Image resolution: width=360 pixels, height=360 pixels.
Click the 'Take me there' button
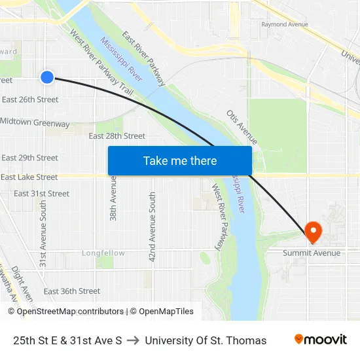click(x=179, y=160)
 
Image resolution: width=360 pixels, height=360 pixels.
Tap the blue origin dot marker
click(x=47, y=77)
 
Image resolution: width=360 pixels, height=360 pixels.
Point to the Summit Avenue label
click(x=312, y=253)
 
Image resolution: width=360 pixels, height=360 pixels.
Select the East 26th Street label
click(x=30, y=99)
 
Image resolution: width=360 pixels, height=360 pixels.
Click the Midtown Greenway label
click(x=35, y=122)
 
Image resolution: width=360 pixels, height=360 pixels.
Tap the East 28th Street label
click(x=117, y=136)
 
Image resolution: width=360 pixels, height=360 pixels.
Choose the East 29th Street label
click(x=29, y=158)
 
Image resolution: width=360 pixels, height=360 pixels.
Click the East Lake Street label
click(x=29, y=177)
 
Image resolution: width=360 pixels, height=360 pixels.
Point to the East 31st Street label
click(x=41, y=194)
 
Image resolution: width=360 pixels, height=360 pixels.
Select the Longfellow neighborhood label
click(x=103, y=253)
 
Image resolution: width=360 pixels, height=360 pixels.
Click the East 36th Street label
click(x=72, y=291)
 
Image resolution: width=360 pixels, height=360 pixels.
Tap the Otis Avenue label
click(x=242, y=127)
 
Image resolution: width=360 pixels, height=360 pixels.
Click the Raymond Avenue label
click(x=284, y=24)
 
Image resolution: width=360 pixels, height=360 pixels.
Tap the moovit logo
click(x=321, y=340)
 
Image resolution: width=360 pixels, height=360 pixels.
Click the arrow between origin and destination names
click(x=134, y=340)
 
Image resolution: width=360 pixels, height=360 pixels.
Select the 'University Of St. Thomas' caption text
click(x=206, y=340)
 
